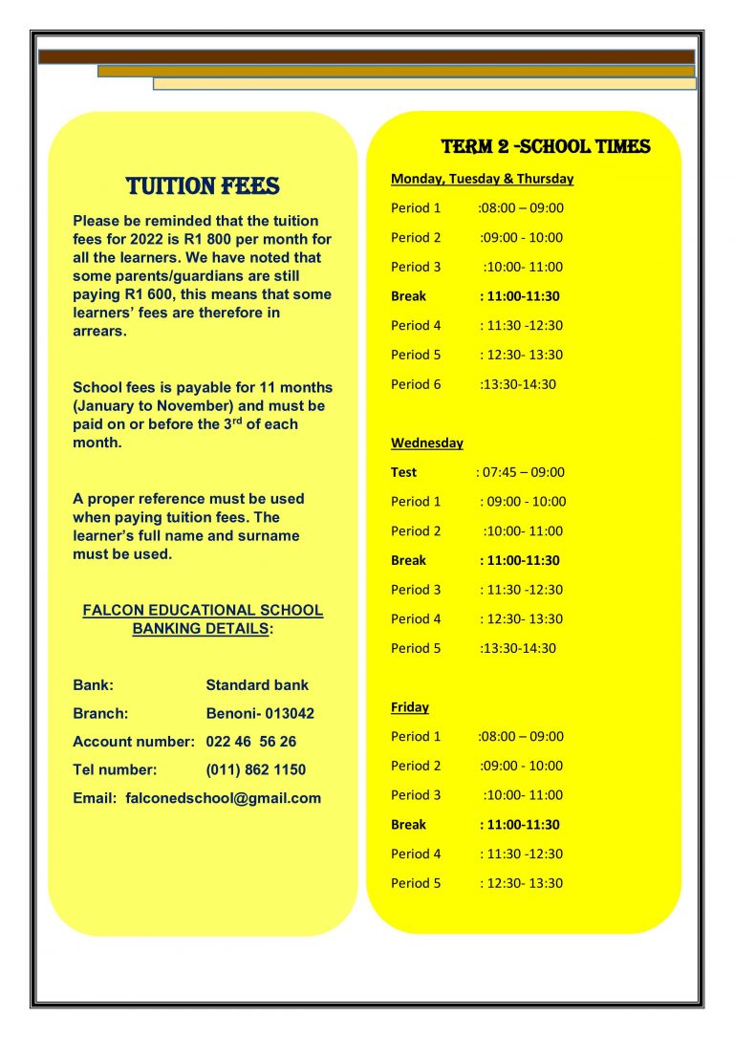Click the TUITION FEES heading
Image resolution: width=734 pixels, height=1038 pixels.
coord(203,185)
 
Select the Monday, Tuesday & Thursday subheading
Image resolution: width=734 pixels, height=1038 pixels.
coord(482,179)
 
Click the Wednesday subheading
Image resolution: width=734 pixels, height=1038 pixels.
coord(426,443)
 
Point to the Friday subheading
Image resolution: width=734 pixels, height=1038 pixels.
coord(409,707)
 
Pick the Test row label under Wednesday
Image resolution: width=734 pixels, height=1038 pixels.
coord(403,472)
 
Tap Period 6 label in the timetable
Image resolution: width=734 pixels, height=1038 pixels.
coord(416,384)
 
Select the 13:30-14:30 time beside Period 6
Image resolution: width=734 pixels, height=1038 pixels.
coord(518,384)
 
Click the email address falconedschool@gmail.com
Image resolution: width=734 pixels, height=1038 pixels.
coord(224,798)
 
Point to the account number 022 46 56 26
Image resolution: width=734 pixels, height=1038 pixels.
coord(251,742)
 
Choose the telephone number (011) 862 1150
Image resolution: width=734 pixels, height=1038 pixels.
coord(256,769)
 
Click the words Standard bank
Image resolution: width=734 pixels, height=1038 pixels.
coord(257,685)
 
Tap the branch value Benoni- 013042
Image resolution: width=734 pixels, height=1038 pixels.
coord(260,714)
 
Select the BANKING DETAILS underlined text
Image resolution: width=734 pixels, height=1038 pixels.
coord(199,629)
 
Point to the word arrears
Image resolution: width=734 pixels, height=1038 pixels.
coord(99,331)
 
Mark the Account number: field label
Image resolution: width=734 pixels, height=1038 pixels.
coord(134,742)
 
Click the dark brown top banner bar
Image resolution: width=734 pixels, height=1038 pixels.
coord(366,57)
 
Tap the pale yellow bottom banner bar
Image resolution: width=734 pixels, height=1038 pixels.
coord(424,84)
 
